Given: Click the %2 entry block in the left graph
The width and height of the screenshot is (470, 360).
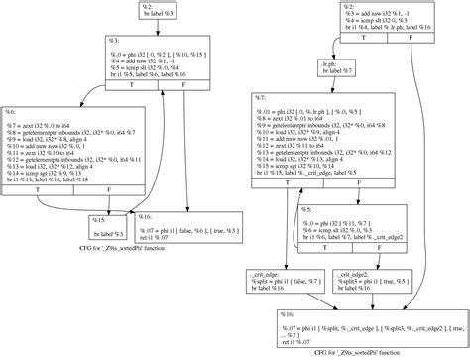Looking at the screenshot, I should pyautogui.click(x=152, y=10).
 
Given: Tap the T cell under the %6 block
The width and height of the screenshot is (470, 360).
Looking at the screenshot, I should pyautogui.click(x=39, y=185).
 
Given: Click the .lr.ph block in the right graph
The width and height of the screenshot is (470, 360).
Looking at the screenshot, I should pyautogui.click(x=330, y=69).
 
